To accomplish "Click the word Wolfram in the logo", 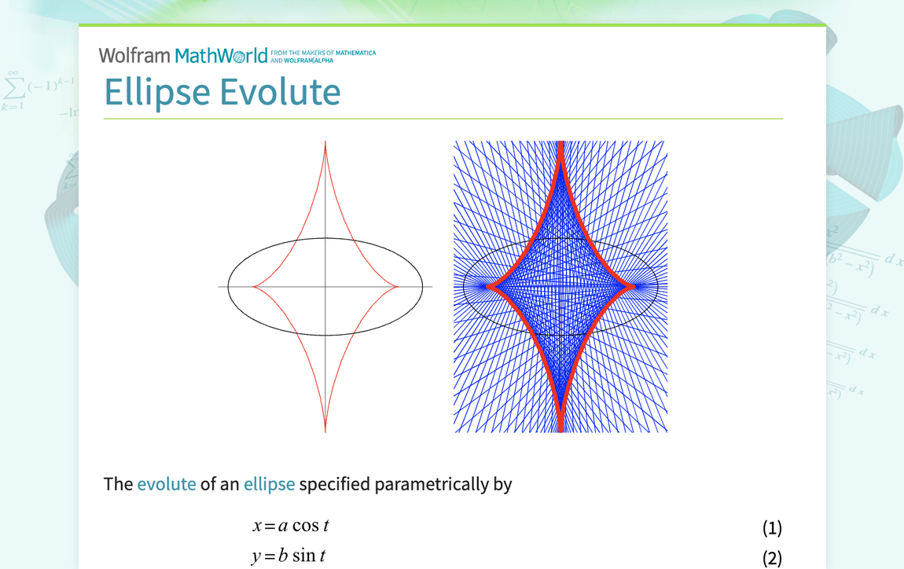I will point(134,56).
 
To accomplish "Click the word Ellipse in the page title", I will point(157,92).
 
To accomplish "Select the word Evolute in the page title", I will point(280,92).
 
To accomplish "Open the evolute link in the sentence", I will point(166,484).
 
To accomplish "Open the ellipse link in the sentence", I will point(269,484).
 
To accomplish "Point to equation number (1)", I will point(772,527).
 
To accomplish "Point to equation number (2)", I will point(772,558).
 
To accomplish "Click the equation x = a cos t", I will point(290,526).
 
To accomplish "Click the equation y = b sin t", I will point(288,556).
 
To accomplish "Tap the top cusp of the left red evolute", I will point(325,143).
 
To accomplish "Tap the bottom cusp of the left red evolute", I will point(325,430).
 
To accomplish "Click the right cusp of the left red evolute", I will point(398,287).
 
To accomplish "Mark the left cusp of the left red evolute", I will point(253,287).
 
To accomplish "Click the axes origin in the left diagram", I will point(325,287).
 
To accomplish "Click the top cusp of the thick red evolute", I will point(560,145).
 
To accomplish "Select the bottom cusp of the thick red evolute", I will point(560,429).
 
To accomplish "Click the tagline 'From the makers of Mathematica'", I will point(323,53).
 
